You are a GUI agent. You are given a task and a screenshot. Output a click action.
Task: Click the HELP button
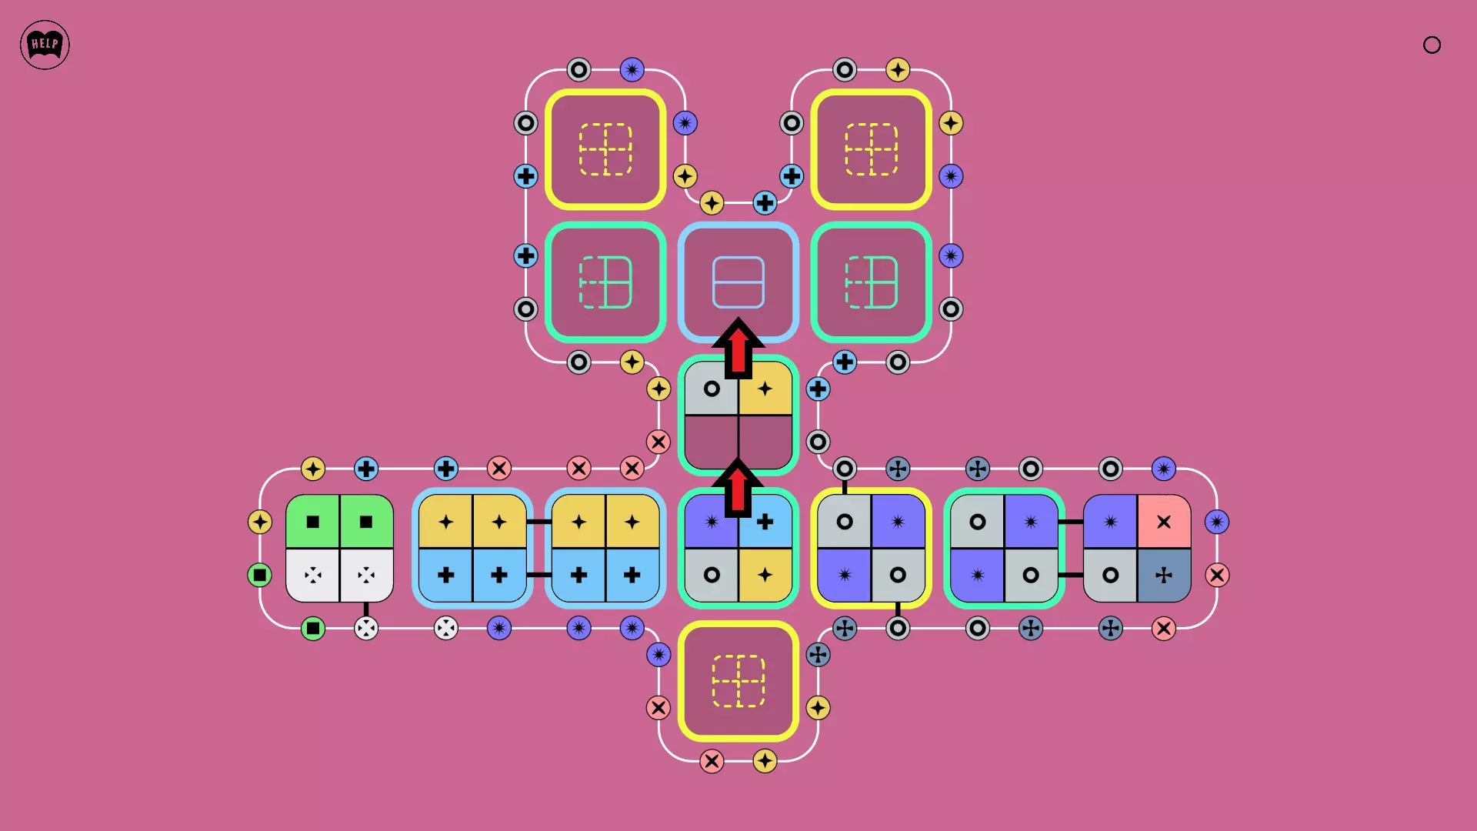[x=45, y=45]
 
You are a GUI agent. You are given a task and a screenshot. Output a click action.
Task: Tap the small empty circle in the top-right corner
[x=1432, y=45]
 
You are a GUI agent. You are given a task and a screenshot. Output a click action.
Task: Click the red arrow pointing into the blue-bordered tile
[x=738, y=348]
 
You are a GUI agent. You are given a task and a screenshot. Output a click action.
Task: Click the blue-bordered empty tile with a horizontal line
[x=738, y=282]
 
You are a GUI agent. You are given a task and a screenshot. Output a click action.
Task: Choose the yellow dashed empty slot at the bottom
[x=738, y=681]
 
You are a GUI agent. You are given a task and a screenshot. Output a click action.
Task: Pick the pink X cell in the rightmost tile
[x=1164, y=521]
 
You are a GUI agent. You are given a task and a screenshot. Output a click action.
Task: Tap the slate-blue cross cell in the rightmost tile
[x=1164, y=575]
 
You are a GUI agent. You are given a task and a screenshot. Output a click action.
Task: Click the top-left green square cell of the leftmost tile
[x=312, y=521]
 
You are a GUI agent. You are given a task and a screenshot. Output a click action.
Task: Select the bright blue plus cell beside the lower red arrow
[x=765, y=521]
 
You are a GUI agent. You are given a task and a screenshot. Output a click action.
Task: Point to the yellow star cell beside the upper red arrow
[x=765, y=389]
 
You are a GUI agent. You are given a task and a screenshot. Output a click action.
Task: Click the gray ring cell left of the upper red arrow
[x=712, y=389]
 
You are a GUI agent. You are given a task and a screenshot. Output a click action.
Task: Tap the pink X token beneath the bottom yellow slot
[x=712, y=761]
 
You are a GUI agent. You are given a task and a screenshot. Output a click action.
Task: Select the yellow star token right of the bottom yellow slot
[x=818, y=708]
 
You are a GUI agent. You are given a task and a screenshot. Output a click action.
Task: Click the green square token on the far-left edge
[x=260, y=575]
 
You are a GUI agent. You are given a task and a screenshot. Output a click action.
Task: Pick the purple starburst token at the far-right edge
[x=1217, y=522]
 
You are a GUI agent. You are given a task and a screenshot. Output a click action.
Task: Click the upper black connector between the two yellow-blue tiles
[x=538, y=522]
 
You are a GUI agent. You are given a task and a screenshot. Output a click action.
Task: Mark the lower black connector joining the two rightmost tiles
[x=1071, y=575]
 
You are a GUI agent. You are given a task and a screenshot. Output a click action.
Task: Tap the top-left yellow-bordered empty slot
[x=605, y=149]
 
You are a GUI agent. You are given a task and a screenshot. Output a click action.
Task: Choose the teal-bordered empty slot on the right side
[x=872, y=282]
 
